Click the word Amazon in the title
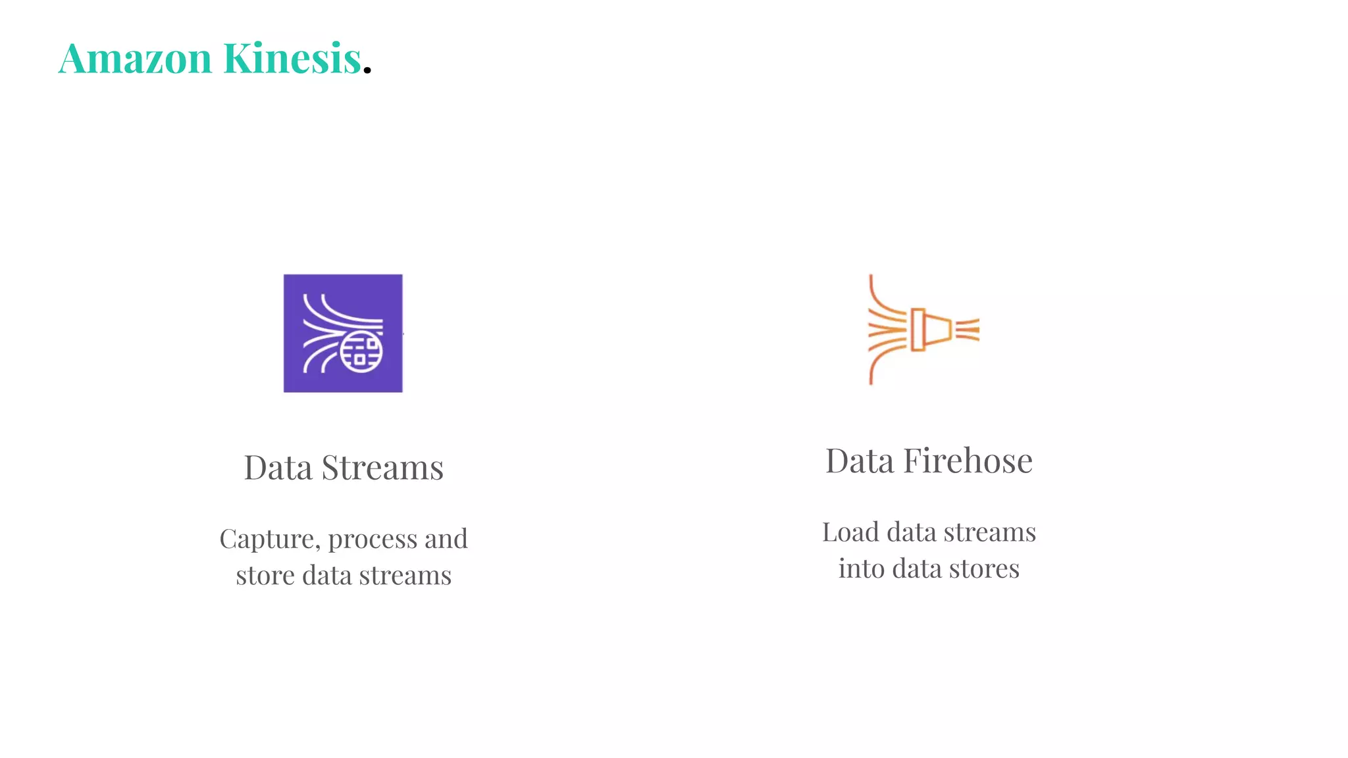pos(135,58)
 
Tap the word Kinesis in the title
pos(292,58)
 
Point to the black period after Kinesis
pos(367,69)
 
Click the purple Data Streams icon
pos(343,333)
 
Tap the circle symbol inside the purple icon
pos(361,352)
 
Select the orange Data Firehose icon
pos(923,330)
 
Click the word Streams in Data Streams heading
pos(382,468)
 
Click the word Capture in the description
pos(269,539)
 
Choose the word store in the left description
pos(265,576)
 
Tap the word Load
pos(850,532)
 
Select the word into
pos(862,568)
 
